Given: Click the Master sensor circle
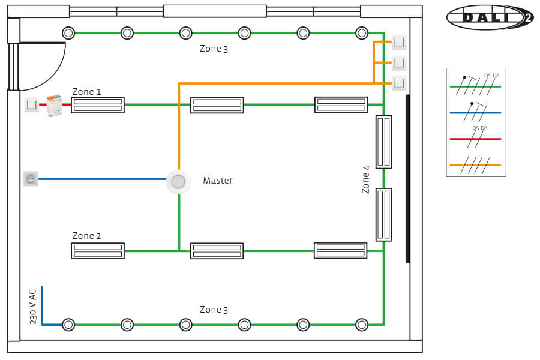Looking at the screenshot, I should click(x=178, y=181).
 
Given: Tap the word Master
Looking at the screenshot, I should click(x=217, y=181).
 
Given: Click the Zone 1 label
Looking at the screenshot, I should click(x=87, y=92).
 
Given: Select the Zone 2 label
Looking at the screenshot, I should click(x=87, y=236).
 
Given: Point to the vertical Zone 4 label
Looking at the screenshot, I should click(x=366, y=179).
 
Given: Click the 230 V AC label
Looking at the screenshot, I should click(x=33, y=306).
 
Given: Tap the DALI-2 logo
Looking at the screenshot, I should click(x=490, y=17).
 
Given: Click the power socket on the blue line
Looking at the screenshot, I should click(x=31, y=178).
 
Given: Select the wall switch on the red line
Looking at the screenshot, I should click(x=31, y=104).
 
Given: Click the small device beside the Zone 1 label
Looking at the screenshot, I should click(x=55, y=106).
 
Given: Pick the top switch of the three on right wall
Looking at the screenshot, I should click(x=399, y=43).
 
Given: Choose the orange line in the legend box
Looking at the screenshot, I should click(x=475, y=164).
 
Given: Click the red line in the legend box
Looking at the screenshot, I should click(x=475, y=139).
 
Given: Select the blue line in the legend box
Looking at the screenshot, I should click(x=475, y=113).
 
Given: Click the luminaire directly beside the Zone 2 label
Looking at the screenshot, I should click(x=98, y=251).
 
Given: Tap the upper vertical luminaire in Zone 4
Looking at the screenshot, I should click(x=383, y=142).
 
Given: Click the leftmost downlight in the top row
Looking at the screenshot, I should click(x=68, y=33).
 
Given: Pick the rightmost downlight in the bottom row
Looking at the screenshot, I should click(x=361, y=325).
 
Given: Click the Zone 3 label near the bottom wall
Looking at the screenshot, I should click(x=214, y=310).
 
